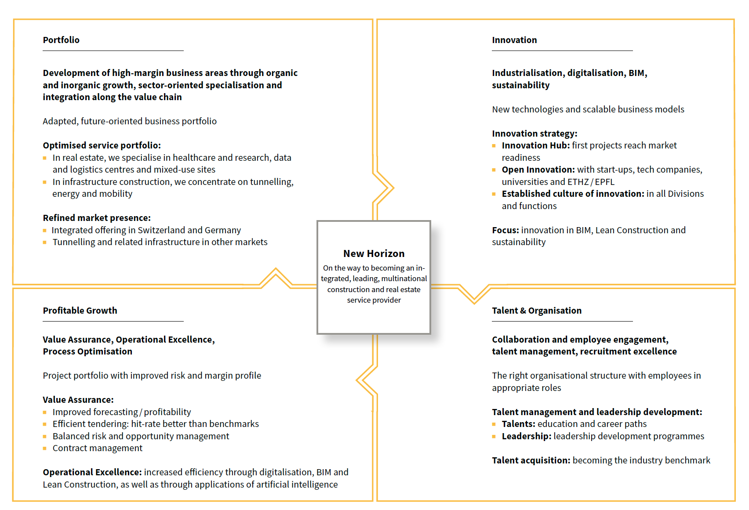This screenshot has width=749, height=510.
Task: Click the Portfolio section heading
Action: point(61,40)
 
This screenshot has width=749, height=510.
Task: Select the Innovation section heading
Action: point(514,40)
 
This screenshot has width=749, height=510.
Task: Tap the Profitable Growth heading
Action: point(80,311)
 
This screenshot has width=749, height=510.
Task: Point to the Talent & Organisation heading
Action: point(537,311)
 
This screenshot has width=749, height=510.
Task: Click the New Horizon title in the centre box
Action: point(374,253)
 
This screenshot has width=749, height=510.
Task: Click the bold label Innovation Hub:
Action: point(535,145)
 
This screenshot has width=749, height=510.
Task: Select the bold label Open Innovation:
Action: point(538,170)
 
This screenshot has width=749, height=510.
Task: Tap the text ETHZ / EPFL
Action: point(591,182)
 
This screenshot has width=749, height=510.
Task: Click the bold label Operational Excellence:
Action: point(92,472)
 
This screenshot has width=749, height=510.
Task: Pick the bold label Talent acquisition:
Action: point(531,460)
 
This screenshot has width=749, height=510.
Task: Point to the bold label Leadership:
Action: point(526,436)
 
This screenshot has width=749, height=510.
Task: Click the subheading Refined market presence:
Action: point(97,218)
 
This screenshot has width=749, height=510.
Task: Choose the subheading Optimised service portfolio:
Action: point(102,145)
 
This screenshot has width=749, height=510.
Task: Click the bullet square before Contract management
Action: point(45,449)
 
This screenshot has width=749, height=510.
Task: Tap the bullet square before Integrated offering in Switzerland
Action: point(45,230)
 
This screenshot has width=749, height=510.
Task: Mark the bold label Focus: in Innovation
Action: point(505,230)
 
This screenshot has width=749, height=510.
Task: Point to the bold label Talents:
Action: point(518,424)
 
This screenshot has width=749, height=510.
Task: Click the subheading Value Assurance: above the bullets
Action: point(78,400)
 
